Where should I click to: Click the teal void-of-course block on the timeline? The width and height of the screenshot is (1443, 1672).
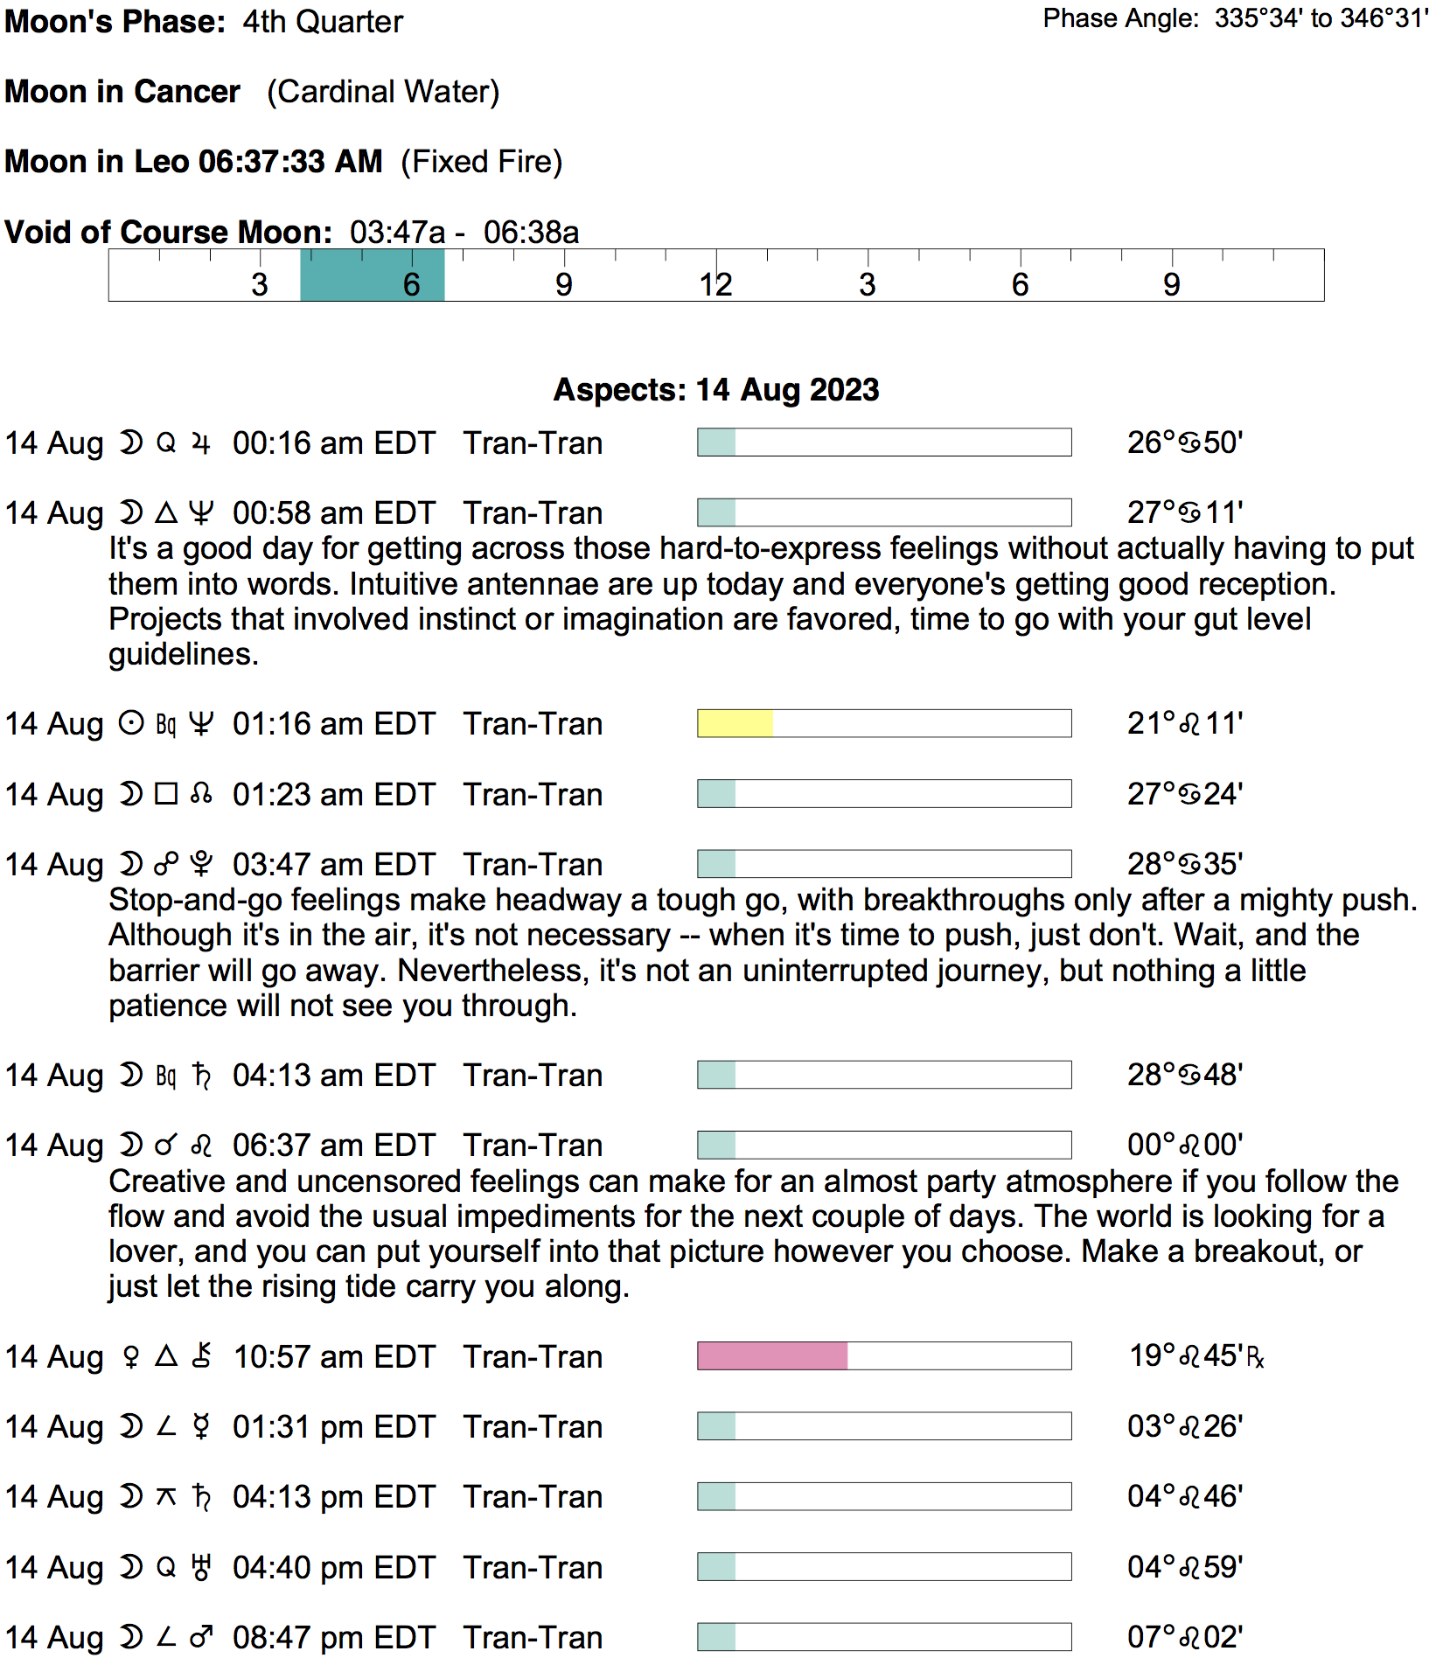[x=372, y=275]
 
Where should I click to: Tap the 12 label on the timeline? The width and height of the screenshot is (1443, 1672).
[x=715, y=284]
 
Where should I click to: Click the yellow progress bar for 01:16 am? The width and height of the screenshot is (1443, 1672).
[x=735, y=723]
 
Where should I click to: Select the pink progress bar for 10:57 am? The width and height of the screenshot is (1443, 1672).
[x=772, y=1355]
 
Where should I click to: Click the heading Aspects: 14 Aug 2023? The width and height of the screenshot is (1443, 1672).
[x=715, y=389]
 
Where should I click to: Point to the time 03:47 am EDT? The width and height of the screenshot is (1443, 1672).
[x=333, y=864]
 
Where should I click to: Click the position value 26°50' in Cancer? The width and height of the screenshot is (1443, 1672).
[x=1184, y=442]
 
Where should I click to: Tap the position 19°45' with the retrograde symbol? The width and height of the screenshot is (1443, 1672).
[x=1196, y=1355]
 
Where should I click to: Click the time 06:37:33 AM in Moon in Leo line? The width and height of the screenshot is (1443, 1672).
[x=290, y=162]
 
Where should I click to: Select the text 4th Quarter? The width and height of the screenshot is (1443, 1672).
[x=323, y=21]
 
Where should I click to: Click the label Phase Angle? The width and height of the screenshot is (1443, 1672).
[x=1120, y=18]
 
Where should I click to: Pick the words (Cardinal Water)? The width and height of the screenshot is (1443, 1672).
[x=383, y=92]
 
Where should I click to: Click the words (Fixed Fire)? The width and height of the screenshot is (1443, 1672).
[x=481, y=162]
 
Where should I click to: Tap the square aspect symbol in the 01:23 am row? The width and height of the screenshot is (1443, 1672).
[x=166, y=793]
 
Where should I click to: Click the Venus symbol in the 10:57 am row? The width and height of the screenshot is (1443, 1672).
[x=131, y=1356]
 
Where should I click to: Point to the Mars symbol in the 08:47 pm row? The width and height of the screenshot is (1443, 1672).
[x=201, y=1637]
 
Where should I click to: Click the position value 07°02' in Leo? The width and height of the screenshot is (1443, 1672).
[x=1184, y=1637]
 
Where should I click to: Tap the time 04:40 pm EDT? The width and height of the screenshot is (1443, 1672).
[x=333, y=1567]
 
